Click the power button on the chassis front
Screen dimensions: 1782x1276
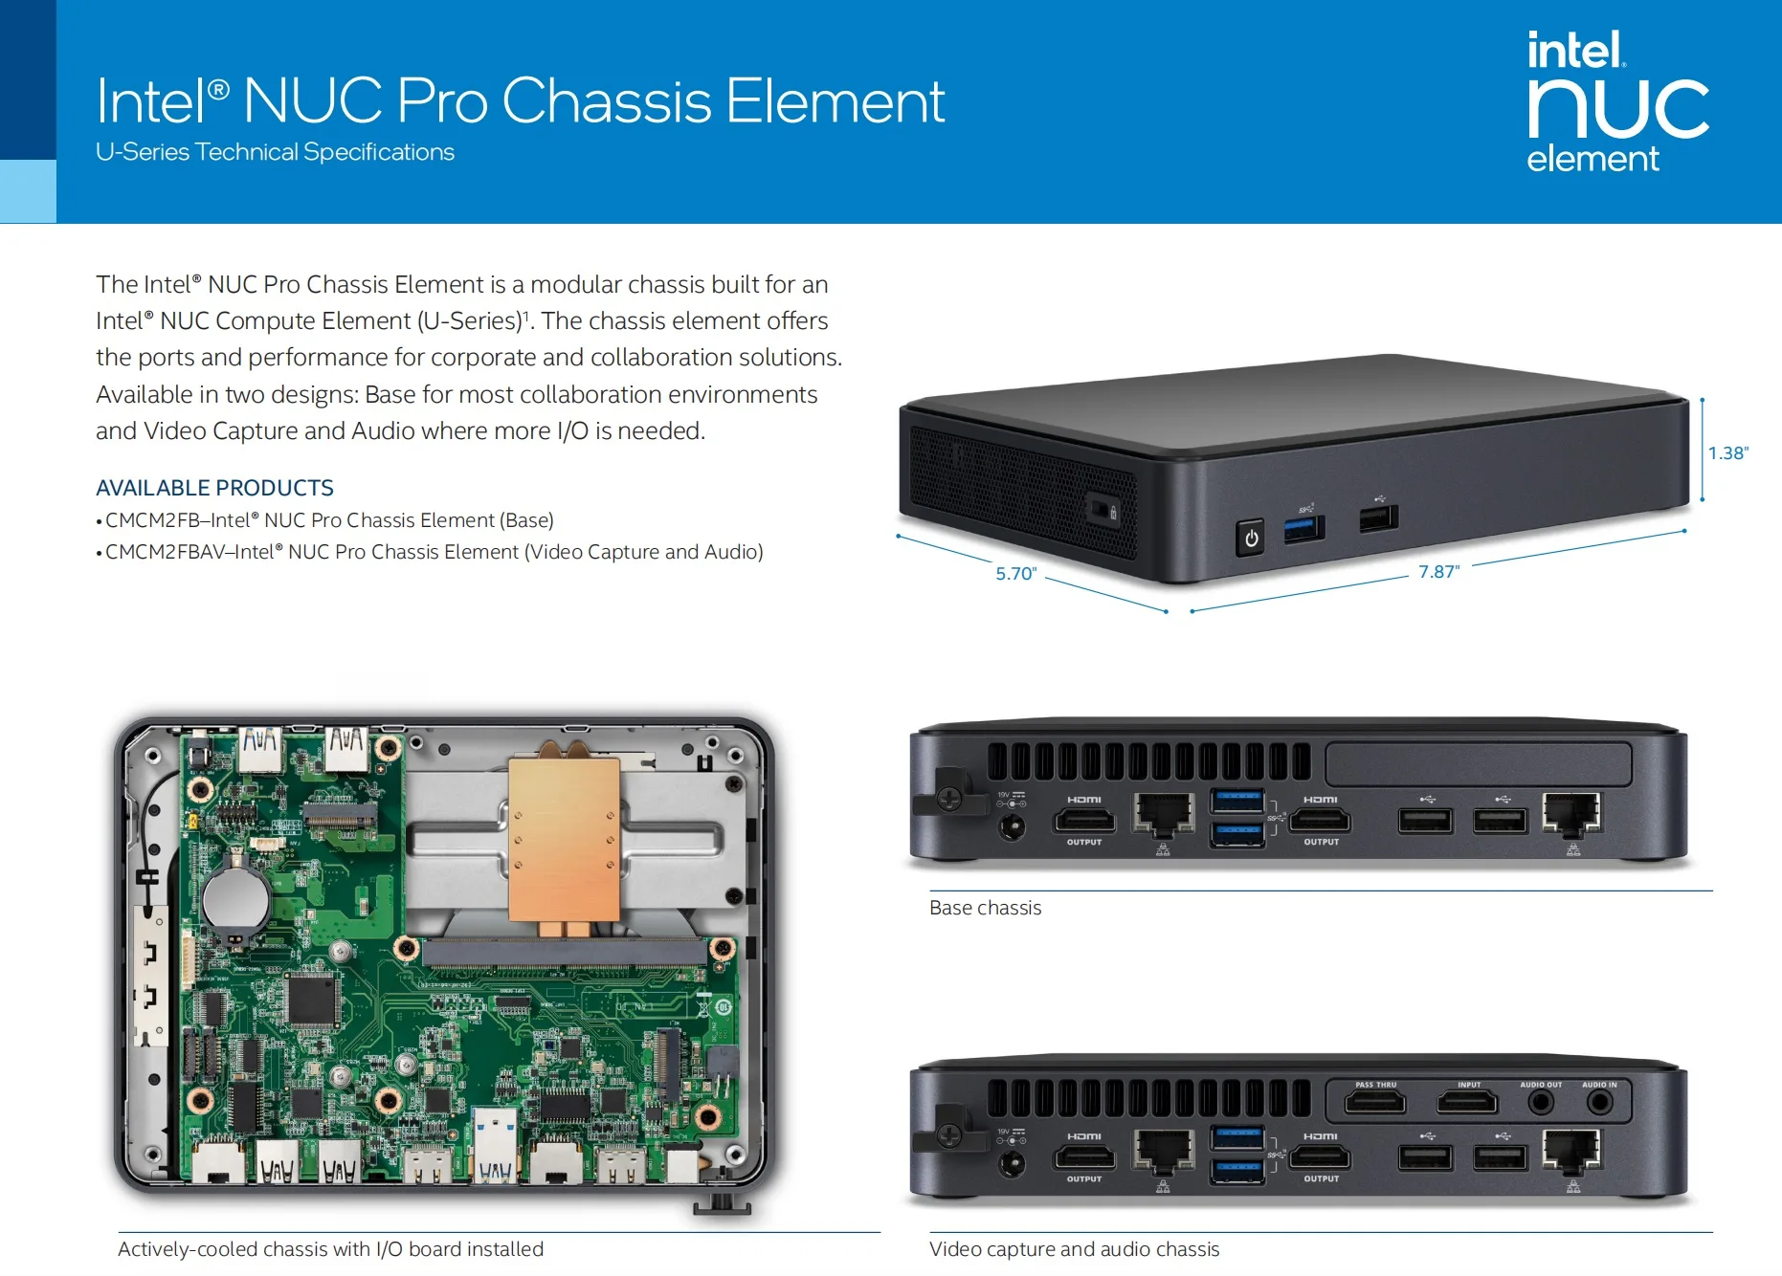[x=1250, y=539]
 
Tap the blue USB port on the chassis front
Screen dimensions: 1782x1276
[x=1303, y=528]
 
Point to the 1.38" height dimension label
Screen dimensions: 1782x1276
[x=1727, y=453]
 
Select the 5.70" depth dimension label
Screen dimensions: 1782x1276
[x=1016, y=574]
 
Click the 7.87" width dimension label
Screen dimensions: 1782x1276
[x=1438, y=572]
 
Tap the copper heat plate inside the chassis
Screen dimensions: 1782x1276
[x=565, y=839]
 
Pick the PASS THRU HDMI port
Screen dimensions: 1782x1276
[x=1375, y=1103]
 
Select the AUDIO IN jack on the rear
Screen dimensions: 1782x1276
[x=1599, y=1103]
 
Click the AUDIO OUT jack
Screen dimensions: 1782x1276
[x=1540, y=1103]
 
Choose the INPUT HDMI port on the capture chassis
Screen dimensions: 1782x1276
[x=1467, y=1103]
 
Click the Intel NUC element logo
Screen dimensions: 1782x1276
[x=1617, y=101]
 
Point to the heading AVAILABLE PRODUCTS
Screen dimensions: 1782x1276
[x=214, y=488]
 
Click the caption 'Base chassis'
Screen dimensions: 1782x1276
[x=985, y=908]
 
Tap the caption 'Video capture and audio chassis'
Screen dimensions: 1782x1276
[x=1074, y=1249]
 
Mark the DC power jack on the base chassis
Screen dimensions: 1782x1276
[x=1012, y=826]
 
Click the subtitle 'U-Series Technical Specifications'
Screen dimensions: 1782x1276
[x=275, y=152]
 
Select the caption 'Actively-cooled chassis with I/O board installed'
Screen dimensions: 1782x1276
[x=330, y=1249]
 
